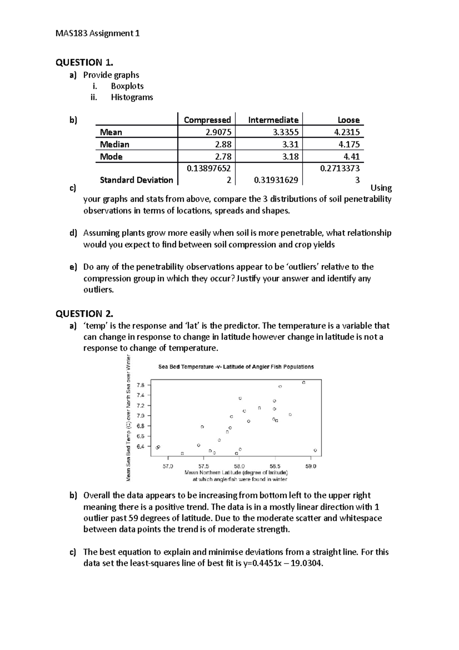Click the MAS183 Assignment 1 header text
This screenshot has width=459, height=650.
[98, 34]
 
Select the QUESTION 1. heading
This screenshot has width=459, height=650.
[85, 62]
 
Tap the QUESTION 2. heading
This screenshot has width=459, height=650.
[85, 314]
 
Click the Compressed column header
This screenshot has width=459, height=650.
[207, 120]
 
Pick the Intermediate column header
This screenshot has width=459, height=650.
[273, 120]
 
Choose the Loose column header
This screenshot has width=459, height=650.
[348, 120]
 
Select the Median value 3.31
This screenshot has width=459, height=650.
[290, 145]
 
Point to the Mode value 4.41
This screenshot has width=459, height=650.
[352, 157]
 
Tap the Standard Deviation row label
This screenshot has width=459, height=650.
[136, 180]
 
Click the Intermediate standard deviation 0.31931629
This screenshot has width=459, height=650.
[276, 180]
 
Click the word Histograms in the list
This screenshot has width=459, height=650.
[132, 97]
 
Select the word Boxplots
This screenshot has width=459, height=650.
[127, 86]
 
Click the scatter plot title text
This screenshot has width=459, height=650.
[236, 367]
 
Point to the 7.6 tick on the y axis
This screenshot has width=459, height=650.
[141, 385]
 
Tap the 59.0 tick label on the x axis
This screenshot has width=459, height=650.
[311, 466]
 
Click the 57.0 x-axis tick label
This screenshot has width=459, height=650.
[168, 466]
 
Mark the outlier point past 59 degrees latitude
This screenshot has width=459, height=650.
[315, 450]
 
